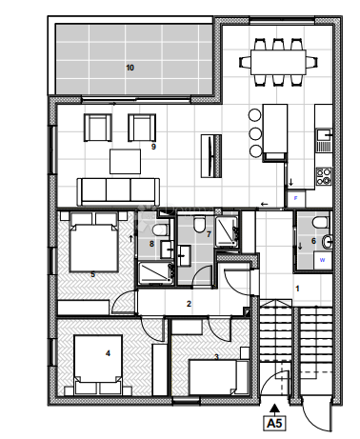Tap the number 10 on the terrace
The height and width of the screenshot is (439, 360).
[130, 68]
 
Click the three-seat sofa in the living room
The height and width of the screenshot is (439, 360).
[114, 191]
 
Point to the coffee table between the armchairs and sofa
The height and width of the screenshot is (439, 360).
[126, 161]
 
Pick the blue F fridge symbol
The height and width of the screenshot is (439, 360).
[295, 198]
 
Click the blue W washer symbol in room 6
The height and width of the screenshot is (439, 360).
[322, 258]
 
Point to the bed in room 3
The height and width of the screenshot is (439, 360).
[220, 374]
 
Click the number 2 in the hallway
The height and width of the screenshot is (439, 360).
[189, 305]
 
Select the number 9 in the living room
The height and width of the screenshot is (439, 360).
[153, 148]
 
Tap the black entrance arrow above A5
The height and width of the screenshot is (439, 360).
[275, 404]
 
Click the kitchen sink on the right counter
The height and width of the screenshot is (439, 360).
[326, 139]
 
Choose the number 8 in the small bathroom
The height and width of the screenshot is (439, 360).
[151, 245]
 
